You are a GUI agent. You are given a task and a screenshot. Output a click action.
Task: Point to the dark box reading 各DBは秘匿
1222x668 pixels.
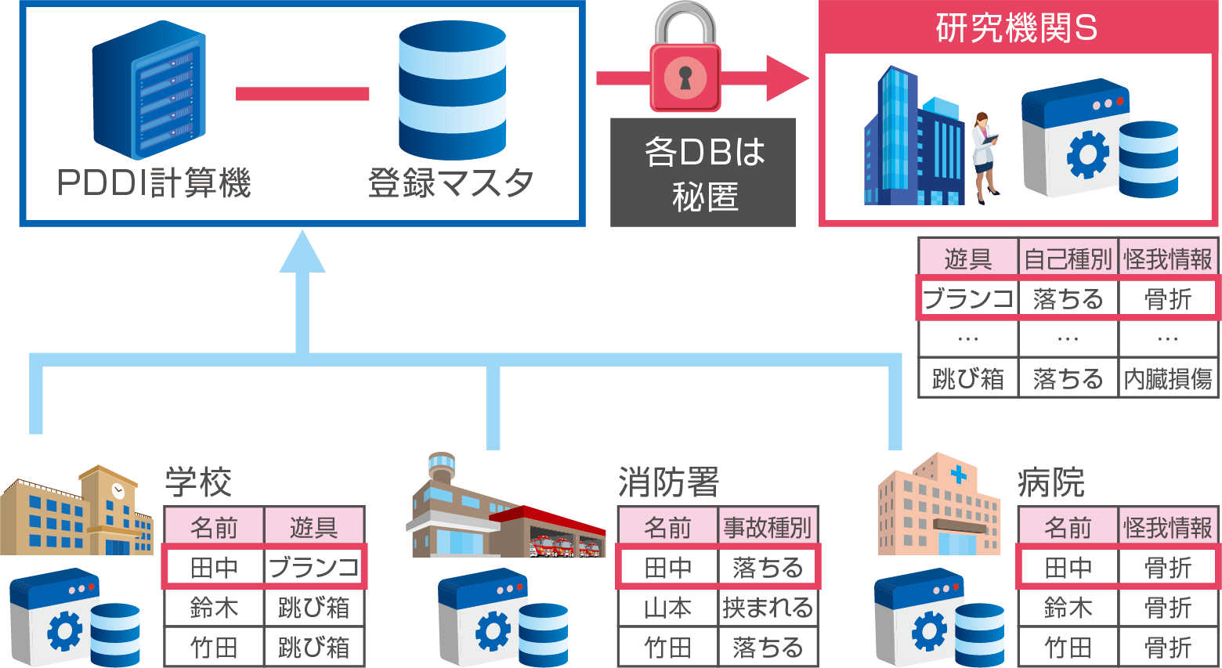[703, 173]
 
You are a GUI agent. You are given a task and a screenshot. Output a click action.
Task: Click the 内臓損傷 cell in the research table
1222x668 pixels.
[1168, 379]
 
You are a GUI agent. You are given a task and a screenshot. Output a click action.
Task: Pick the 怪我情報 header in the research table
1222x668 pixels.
[1168, 259]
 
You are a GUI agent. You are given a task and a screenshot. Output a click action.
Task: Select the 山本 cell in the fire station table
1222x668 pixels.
[667, 608]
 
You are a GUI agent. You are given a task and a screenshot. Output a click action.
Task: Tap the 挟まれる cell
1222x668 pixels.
[768, 608]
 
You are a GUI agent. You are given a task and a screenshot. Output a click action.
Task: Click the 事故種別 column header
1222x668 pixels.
[768, 528]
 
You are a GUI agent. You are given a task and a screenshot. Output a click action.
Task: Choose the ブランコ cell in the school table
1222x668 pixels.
[314, 568]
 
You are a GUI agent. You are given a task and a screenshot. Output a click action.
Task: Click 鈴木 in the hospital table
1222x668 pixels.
[1067, 608]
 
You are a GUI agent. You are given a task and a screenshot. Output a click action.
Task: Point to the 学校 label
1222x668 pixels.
[198, 482]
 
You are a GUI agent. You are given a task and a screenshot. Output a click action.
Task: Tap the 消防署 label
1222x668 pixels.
[668, 482]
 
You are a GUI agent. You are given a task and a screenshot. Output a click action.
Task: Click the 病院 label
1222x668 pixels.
[1051, 482]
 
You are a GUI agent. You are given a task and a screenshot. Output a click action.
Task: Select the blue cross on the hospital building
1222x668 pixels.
[958, 475]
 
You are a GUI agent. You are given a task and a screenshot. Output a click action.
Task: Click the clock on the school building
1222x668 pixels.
[118, 491]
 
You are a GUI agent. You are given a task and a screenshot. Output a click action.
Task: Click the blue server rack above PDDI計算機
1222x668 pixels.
[149, 90]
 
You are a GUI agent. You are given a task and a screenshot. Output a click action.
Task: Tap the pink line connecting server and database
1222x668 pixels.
[302, 94]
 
